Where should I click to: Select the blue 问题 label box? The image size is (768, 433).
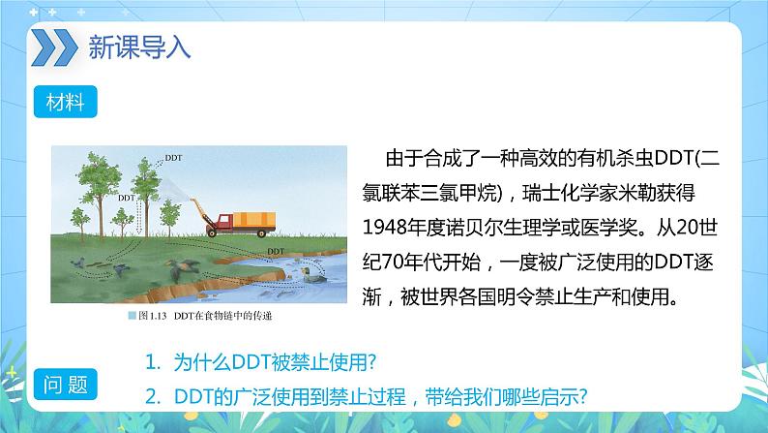(64, 386)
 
